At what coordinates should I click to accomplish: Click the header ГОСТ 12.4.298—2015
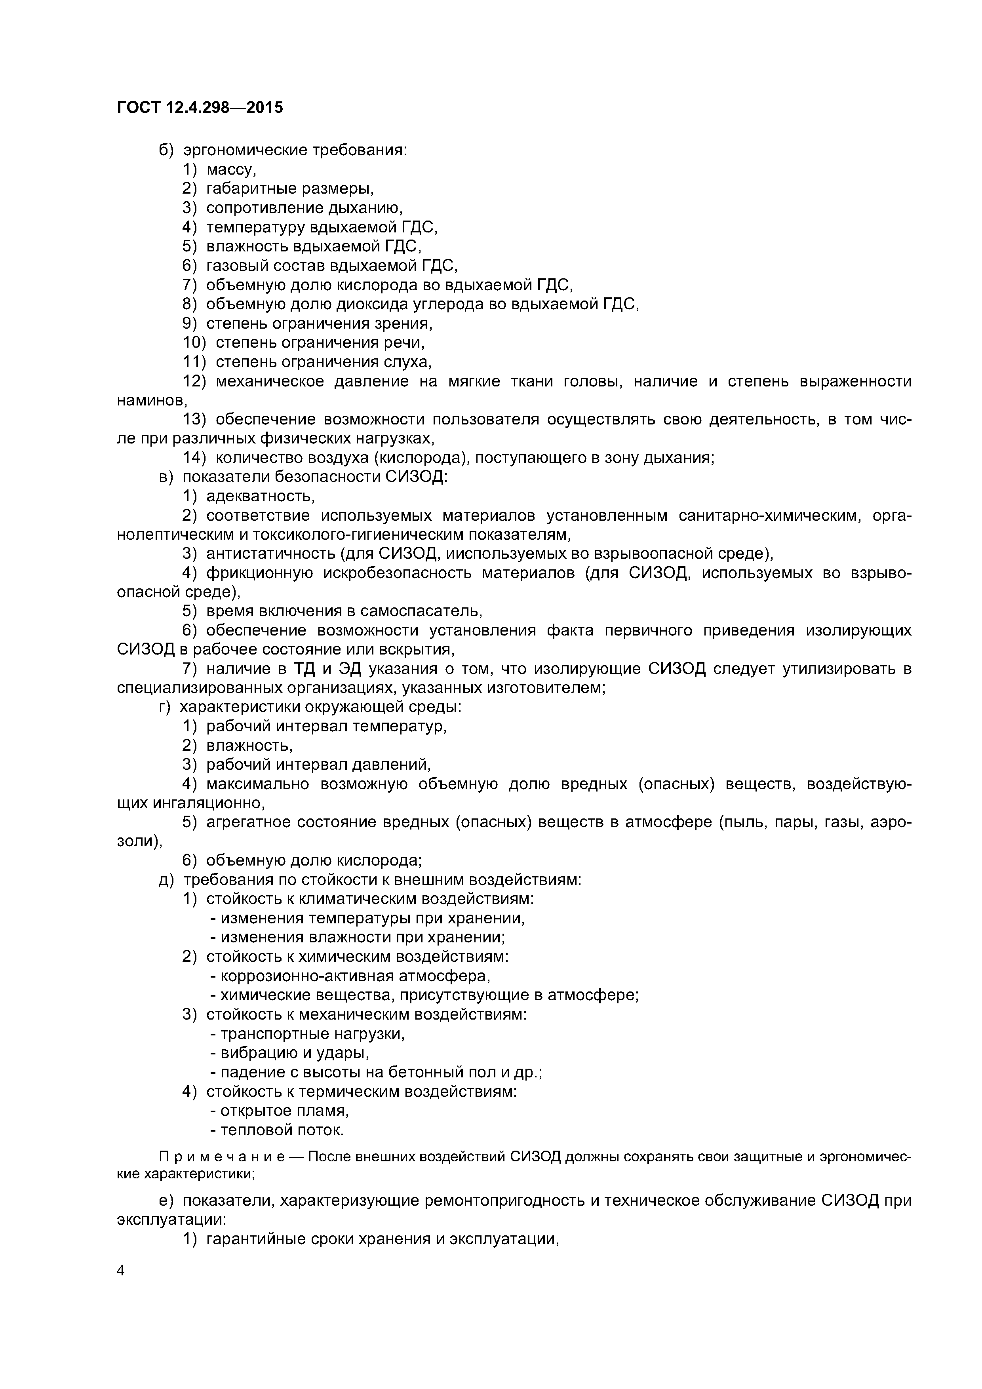pos(200,108)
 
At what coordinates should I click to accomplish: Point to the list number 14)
pos(196,458)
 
